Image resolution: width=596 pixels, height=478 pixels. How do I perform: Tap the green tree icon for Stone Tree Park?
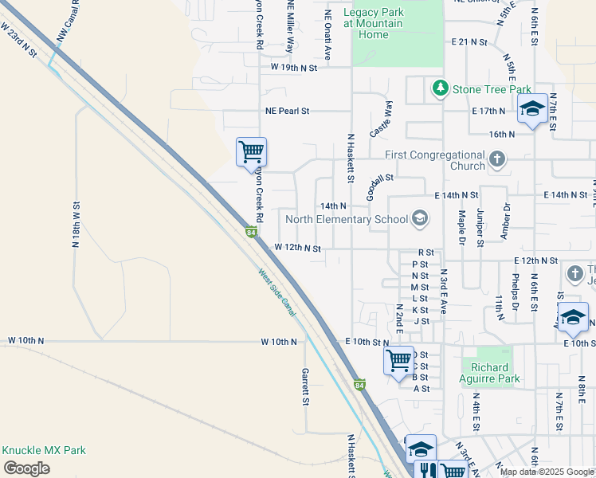pyautogui.click(x=438, y=88)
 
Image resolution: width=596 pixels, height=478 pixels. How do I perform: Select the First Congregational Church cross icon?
pyautogui.click(x=497, y=159)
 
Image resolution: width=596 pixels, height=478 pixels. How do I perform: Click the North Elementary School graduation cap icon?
pyautogui.click(x=419, y=219)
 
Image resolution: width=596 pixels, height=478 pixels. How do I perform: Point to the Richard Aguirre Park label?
pyautogui.click(x=491, y=373)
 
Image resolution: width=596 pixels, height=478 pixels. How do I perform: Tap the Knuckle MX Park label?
pyautogui.click(x=43, y=450)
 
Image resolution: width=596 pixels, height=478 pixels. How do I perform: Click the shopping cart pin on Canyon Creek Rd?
pyautogui.click(x=251, y=151)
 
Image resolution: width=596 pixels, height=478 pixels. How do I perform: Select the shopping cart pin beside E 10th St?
pyautogui.click(x=398, y=359)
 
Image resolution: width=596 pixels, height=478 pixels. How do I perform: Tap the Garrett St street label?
pyautogui.click(x=305, y=386)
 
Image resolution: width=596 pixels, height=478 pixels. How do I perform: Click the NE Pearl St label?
pyautogui.click(x=281, y=112)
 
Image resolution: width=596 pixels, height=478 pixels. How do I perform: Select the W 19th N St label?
pyautogui.click(x=294, y=69)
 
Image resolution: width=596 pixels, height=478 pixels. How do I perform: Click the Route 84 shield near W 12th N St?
pyautogui.click(x=251, y=233)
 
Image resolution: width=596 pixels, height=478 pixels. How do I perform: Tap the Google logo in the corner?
pyautogui.click(x=26, y=468)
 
